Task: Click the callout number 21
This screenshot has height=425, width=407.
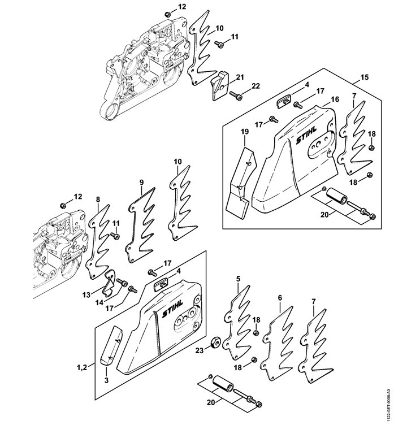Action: [x=240, y=77]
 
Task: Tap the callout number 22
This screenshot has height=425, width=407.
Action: [x=256, y=86]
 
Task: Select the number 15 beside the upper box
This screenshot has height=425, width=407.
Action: [x=365, y=77]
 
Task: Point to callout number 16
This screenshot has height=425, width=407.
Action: [x=335, y=99]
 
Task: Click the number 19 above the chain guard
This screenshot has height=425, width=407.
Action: [x=245, y=132]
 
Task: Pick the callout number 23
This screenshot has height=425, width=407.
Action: [x=200, y=350]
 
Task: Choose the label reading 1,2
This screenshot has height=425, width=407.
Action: [x=82, y=367]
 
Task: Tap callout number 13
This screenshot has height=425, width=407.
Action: [x=86, y=295]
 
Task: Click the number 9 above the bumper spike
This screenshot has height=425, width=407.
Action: [x=141, y=183]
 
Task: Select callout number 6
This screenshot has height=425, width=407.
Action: [x=280, y=298]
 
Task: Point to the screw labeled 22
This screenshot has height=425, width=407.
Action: [x=236, y=94]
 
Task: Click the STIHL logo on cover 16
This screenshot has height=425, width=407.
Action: [x=306, y=136]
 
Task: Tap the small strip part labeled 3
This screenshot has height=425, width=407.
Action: [x=111, y=345]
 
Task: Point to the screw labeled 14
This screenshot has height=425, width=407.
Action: [x=122, y=283]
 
